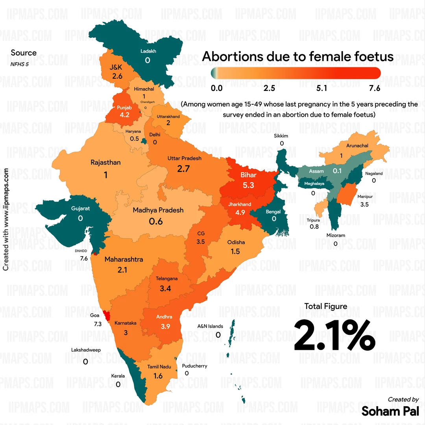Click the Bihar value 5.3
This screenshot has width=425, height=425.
249,185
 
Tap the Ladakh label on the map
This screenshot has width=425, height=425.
148,51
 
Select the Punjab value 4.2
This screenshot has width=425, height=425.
124,115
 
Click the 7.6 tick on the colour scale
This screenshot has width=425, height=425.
375,88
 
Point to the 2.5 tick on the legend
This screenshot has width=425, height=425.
270,88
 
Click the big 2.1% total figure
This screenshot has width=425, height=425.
334,335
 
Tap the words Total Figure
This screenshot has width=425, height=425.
326,306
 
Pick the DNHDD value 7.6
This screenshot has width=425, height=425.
83,259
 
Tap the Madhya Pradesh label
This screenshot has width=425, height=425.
158,210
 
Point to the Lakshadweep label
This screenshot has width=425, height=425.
86,350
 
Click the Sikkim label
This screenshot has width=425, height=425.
281,136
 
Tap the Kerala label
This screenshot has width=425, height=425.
118,376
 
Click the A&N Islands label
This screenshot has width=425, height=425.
210,326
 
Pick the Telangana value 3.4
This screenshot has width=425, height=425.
165,288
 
